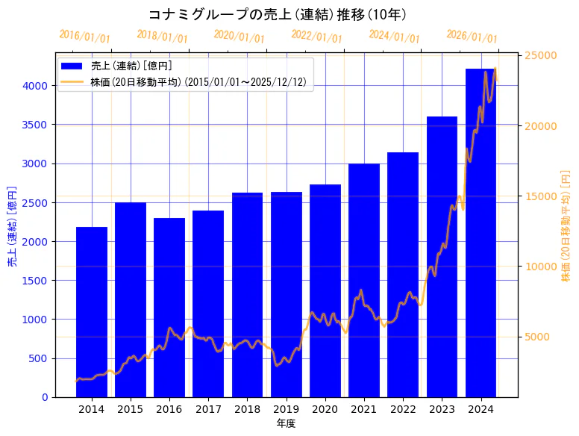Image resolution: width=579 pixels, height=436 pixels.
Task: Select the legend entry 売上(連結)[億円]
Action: pyautogui.click(x=131, y=66)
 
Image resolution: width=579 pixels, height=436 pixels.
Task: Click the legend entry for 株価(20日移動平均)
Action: pyautogui.click(x=198, y=81)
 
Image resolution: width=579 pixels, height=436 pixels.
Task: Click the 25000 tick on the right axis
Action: pyautogui.click(x=541, y=56)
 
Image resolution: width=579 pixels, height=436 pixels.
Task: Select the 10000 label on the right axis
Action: pyautogui.click(x=541, y=267)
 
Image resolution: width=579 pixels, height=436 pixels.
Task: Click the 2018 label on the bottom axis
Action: pyautogui.click(x=247, y=409)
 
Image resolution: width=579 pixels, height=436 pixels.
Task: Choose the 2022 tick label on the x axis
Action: pyautogui.click(x=403, y=409)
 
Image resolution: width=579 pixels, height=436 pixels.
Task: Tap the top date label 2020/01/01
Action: pyautogui.click(x=240, y=36)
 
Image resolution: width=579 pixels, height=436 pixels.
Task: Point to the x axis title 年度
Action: pyautogui.click(x=287, y=423)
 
